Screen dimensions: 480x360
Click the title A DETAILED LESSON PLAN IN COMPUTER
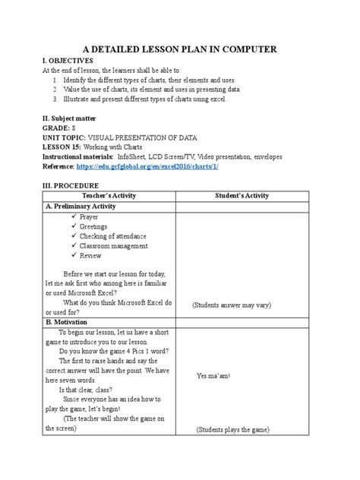tap(179, 49)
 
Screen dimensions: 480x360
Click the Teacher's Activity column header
tap(107, 196)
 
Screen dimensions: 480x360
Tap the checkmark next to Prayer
tap(73, 217)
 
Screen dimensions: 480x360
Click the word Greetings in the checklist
tap(93, 226)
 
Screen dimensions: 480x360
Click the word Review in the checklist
tap(90, 256)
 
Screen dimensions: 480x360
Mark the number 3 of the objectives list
tap(55, 99)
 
